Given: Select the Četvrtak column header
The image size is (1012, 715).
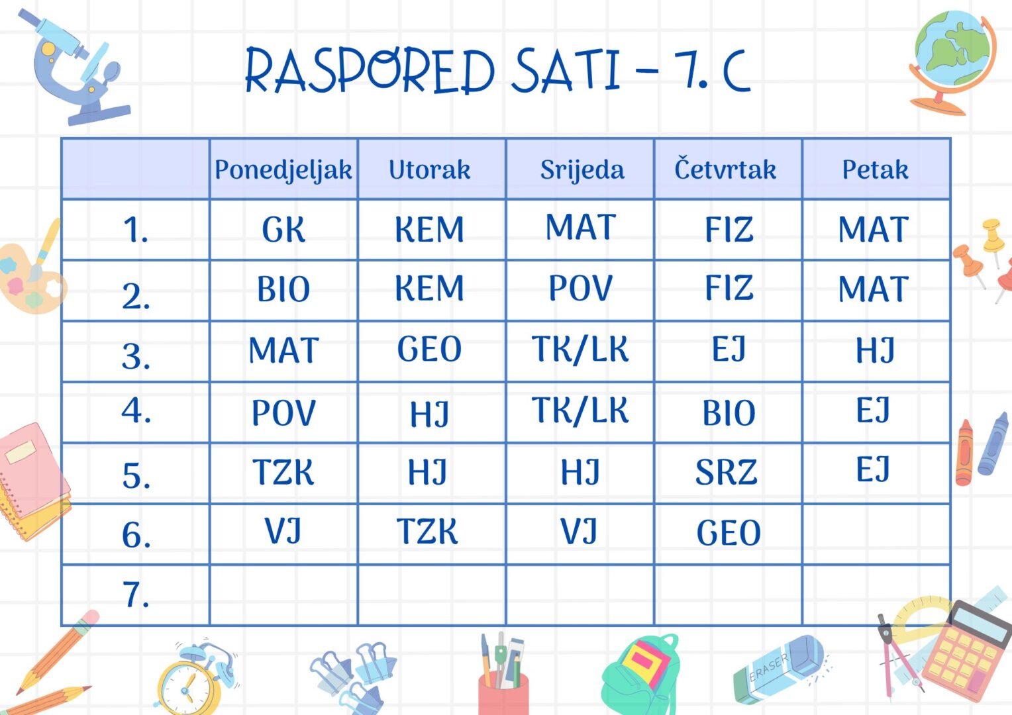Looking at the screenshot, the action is point(725,169).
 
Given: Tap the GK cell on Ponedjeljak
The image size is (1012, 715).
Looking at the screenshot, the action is point(283,230).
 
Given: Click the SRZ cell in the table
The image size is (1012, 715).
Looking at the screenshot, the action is point(726,472).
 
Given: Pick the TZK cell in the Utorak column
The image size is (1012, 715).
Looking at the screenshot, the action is point(427,531).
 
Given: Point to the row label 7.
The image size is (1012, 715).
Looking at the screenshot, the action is point(136,595).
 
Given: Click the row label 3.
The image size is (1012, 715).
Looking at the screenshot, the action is point(136,356).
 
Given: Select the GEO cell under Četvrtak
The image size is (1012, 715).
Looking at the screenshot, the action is point(729,533).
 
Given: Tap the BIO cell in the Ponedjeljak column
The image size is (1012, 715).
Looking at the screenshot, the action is point(283,289).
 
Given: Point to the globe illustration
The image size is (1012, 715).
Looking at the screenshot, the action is point(952,62).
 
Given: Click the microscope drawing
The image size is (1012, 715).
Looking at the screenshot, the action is point(75,67).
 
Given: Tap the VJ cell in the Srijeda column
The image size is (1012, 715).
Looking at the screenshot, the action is point(579,531).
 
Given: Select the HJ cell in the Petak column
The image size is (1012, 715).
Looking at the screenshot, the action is point(876,350).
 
